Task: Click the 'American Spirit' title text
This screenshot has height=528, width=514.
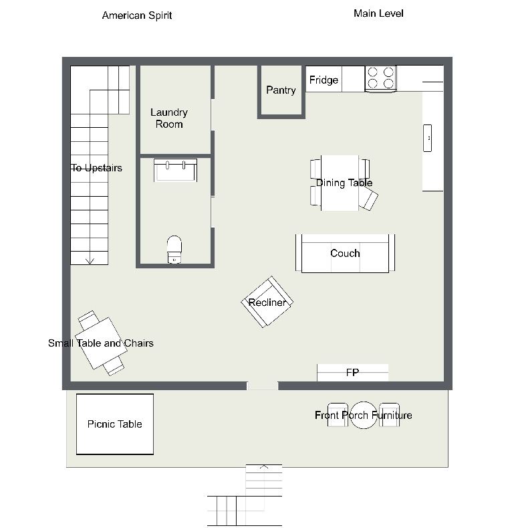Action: [x=137, y=15]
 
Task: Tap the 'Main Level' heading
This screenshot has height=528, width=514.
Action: [x=378, y=13]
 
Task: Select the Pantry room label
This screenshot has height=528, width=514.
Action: [x=281, y=90]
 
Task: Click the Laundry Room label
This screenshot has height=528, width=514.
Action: [x=169, y=118]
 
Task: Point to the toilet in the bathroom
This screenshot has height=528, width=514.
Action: [x=174, y=250]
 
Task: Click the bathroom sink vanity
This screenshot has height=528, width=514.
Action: [x=175, y=170]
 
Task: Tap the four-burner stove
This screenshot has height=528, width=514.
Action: [x=380, y=79]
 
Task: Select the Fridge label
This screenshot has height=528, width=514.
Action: [x=324, y=80]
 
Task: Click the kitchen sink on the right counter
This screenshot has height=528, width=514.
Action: [x=427, y=138]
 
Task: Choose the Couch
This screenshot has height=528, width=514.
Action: [x=345, y=253]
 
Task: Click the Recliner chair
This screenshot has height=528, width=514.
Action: [x=267, y=302]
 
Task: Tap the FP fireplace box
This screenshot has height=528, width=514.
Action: [x=352, y=373]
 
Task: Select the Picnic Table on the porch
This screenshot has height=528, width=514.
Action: [x=115, y=424]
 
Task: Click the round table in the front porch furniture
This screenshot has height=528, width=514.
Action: [x=364, y=415]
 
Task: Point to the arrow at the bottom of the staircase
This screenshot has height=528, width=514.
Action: [x=90, y=260]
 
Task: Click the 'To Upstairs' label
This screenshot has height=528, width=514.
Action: [x=96, y=168]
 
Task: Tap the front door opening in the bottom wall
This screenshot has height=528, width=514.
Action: [x=263, y=385]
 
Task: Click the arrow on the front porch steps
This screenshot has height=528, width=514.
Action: [x=264, y=466]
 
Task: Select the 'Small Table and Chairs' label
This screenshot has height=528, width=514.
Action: [x=100, y=343]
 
